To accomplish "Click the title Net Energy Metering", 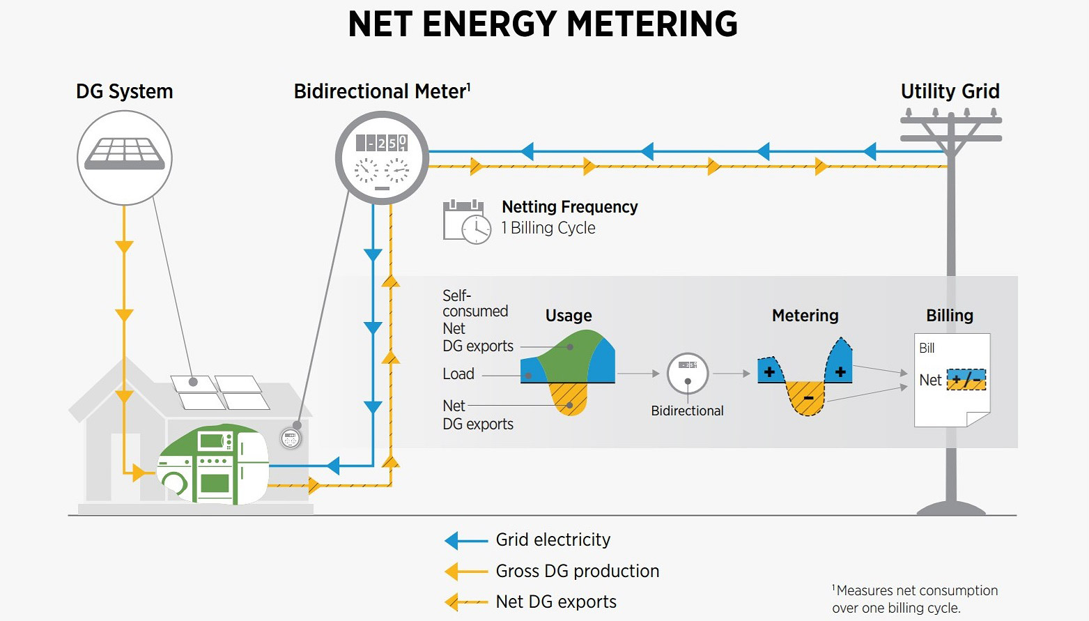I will (x=542, y=24).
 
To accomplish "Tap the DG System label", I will (x=124, y=91).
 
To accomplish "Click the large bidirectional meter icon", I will (x=382, y=158).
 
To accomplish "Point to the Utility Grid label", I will (x=950, y=91).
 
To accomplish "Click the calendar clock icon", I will (x=466, y=222).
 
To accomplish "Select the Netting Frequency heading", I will (x=569, y=207).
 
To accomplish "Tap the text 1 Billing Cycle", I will (x=548, y=228).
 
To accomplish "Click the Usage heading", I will (x=568, y=316).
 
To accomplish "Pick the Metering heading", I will (x=805, y=316).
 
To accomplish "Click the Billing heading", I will (x=949, y=316).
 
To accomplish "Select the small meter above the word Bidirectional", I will (x=687, y=374).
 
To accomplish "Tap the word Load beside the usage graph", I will (x=458, y=374).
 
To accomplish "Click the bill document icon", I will (x=952, y=380).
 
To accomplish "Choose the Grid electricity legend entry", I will (x=553, y=539).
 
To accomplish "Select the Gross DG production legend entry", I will (x=577, y=571).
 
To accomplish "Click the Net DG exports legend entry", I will (x=555, y=601).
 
